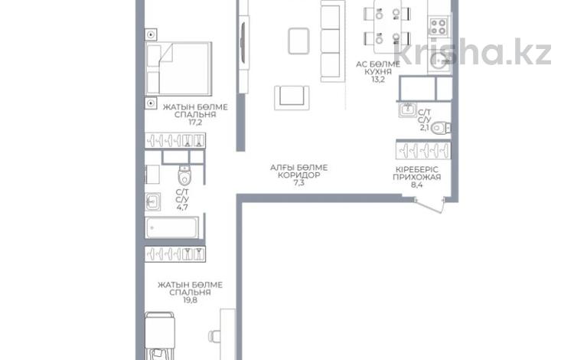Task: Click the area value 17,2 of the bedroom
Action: tap(195, 123)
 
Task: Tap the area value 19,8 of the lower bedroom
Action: tap(190, 300)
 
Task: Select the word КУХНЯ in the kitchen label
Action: tap(378, 72)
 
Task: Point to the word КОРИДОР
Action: tap(298, 175)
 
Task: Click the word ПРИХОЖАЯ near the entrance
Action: tap(416, 177)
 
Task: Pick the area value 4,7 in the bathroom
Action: tap(182, 208)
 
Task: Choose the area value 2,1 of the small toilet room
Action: tap(424, 127)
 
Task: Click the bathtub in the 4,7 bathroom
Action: tap(172, 227)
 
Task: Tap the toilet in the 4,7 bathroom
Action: tap(185, 175)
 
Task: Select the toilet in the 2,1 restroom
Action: tap(440, 128)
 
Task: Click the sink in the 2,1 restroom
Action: tap(407, 110)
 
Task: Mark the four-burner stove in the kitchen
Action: tap(439, 26)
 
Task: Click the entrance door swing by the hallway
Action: tap(429, 206)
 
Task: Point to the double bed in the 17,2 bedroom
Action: tap(178, 68)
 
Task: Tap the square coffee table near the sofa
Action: tap(298, 41)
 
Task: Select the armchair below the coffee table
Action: tap(292, 98)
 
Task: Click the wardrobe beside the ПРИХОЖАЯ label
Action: tap(423, 151)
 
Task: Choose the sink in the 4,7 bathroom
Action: tap(152, 201)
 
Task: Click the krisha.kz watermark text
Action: tap(472, 51)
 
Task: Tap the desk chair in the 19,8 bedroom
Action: tap(214, 336)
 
